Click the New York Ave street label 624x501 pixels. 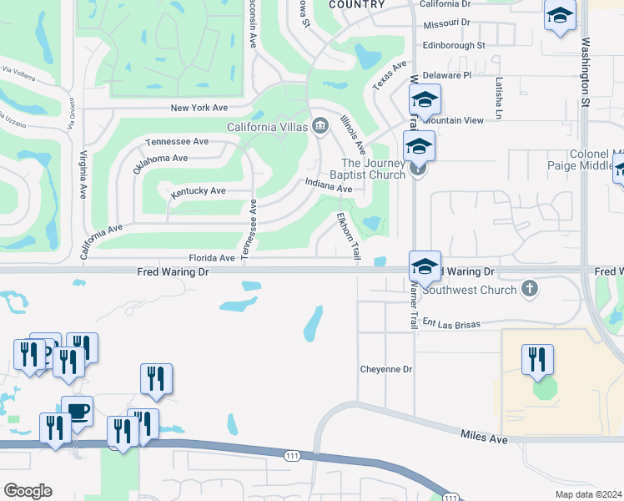pos(199,109)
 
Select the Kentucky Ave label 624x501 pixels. pos(199,192)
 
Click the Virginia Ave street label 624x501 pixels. pos(83,175)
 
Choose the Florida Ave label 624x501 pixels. pos(211,259)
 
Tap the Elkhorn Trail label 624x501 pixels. pos(348,235)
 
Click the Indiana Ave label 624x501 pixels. pos(328,185)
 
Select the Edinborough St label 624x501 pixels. pos(454,45)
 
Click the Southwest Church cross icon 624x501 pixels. pos(528,289)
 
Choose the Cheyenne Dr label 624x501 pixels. pos(386,369)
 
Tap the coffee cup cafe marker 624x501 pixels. pos(78,411)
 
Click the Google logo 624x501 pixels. pos(28,491)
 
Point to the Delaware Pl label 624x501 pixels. pos(448,75)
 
